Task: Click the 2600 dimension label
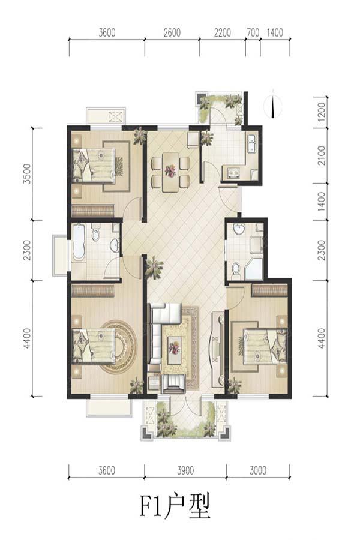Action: tap(172, 33)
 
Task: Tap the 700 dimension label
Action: tap(253, 33)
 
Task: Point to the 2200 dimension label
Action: tap(223, 33)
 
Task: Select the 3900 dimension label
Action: tap(185, 470)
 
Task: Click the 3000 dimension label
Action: tap(258, 470)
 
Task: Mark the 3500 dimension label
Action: tap(27, 174)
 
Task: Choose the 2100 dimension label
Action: tap(321, 155)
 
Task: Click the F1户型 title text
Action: tap(175, 506)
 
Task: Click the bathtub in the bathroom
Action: tap(79, 242)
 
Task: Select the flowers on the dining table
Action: tap(170, 170)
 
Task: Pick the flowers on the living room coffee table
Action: tap(175, 348)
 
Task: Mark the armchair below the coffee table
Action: tap(175, 384)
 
